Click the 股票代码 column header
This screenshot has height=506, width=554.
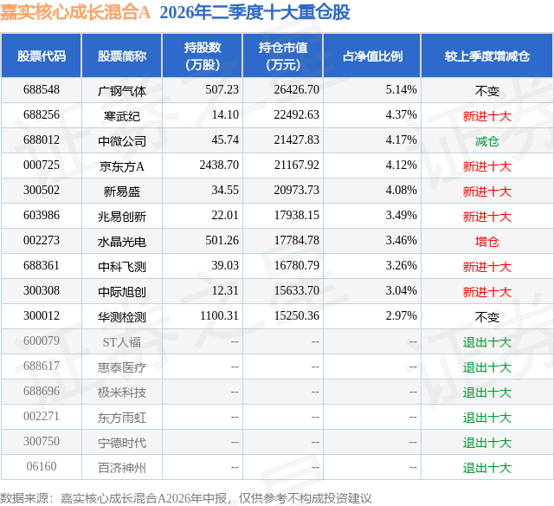42,55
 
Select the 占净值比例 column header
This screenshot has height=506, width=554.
372,55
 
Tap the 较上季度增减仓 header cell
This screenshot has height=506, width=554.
487,55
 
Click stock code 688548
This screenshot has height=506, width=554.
42,90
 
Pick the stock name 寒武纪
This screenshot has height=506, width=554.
122,116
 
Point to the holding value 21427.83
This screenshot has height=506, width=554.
296,140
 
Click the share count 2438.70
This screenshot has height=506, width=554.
219,165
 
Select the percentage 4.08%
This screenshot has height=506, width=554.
401,191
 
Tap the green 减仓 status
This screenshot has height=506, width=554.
487,141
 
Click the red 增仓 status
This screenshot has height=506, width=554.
487,242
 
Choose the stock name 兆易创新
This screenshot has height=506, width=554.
122,217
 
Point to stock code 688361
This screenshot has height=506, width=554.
42,265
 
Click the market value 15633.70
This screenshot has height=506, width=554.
296,290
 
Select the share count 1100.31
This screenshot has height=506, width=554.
219,315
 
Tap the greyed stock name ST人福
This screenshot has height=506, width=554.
122,342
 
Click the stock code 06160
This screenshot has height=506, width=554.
42,466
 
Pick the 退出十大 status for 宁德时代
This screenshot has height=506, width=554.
487,443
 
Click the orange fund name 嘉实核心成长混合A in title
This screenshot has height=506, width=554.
75,12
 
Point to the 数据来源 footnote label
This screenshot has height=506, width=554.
24,498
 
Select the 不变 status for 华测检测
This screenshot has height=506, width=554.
487,317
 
